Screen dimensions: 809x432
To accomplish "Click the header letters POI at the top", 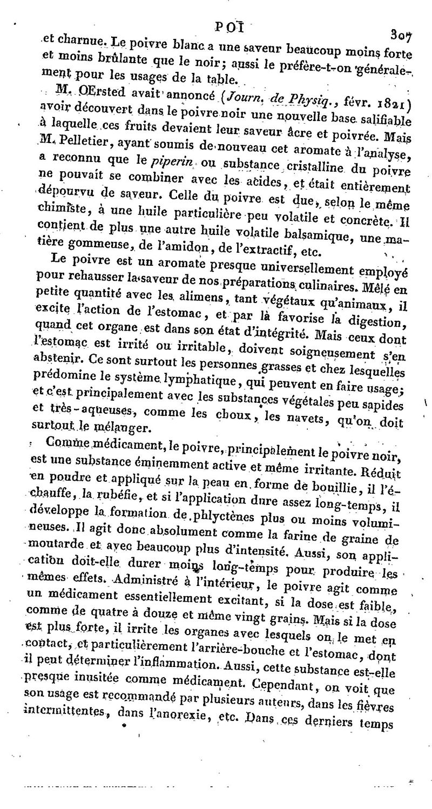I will pos(231,26).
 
